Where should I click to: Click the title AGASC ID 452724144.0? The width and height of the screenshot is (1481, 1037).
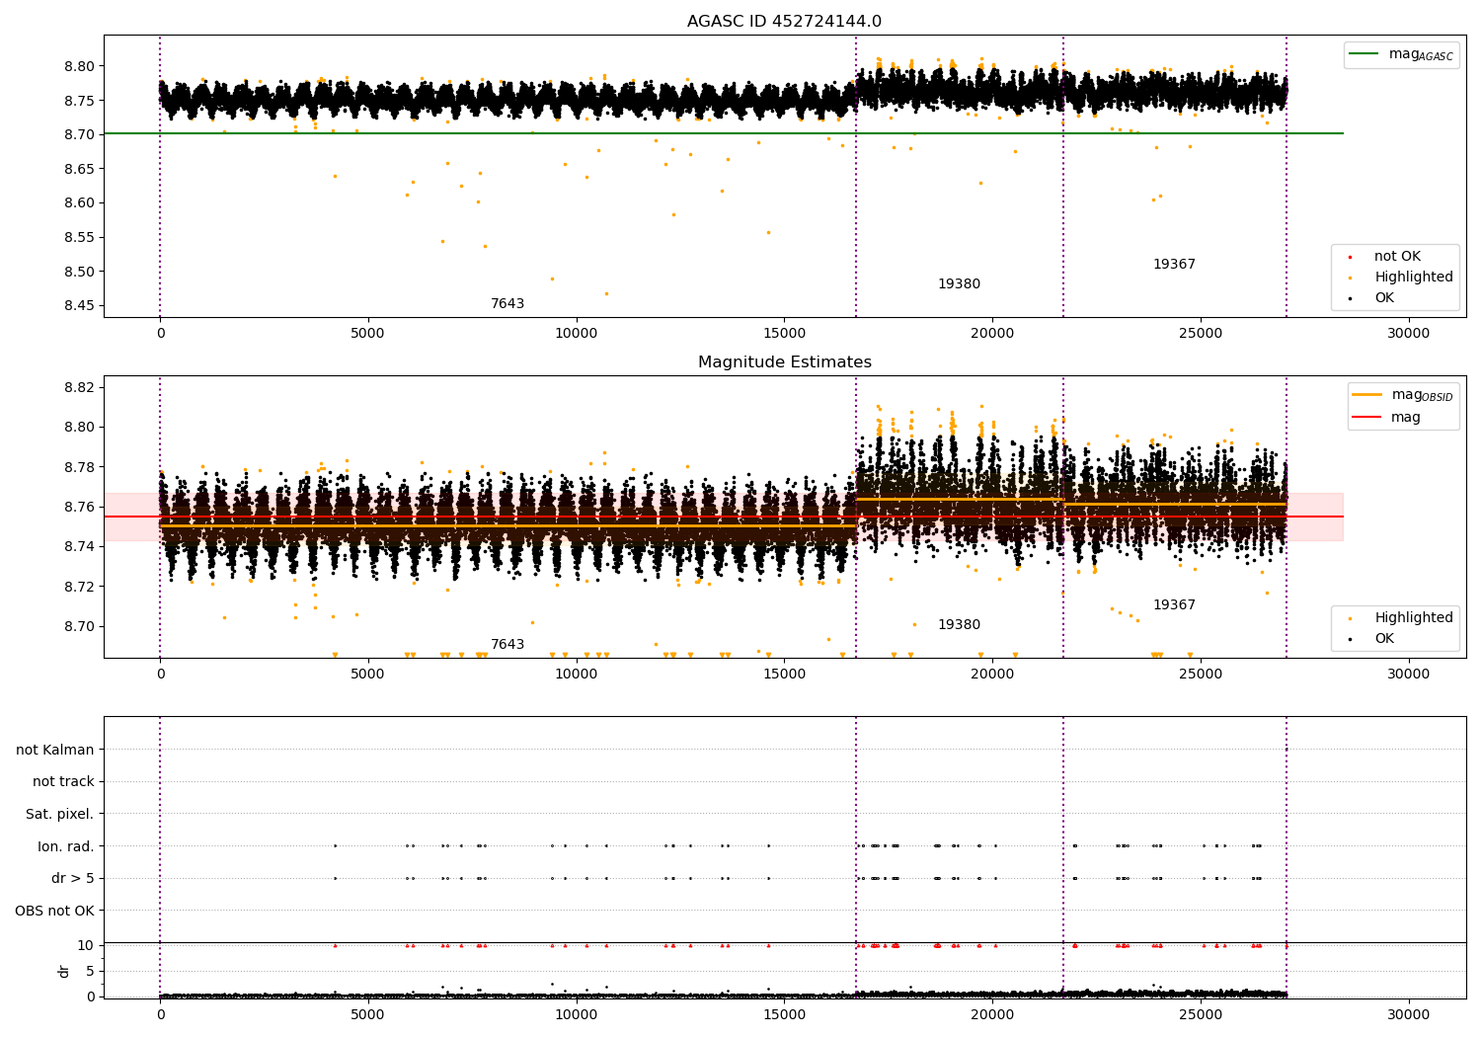pyautogui.click(x=784, y=22)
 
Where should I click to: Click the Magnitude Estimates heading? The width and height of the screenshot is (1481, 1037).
pyautogui.click(x=784, y=362)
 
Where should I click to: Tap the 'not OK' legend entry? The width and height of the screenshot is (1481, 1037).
pyautogui.click(x=1396, y=257)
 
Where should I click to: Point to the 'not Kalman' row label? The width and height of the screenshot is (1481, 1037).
pyautogui.click(x=55, y=750)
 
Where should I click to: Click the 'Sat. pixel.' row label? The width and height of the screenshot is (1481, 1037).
pyautogui.click(x=60, y=814)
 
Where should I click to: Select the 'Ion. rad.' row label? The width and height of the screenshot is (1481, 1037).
pyautogui.click(x=66, y=846)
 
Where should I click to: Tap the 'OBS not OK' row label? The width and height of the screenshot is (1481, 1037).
pyautogui.click(x=55, y=911)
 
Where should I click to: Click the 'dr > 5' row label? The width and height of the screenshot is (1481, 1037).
pyautogui.click(x=73, y=878)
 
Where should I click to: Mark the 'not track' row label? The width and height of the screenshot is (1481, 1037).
pyautogui.click(x=63, y=782)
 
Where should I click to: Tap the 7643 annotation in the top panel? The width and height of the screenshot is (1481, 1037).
pyautogui.click(x=507, y=304)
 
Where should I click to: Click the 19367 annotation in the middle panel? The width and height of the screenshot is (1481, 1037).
pyautogui.click(x=1174, y=605)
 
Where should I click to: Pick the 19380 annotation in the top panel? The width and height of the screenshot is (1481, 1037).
pyautogui.click(x=959, y=284)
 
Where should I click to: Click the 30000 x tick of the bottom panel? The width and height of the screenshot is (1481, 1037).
pyautogui.click(x=1408, y=1013)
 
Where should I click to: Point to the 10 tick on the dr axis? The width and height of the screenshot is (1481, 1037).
pyautogui.click(x=87, y=945)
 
